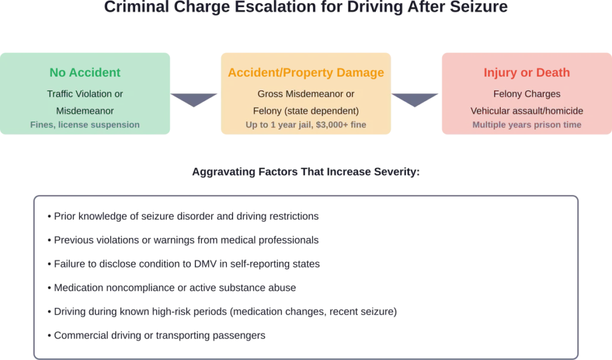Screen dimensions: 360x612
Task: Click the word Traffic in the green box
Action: point(60,94)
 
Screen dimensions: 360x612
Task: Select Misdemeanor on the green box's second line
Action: point(85,111)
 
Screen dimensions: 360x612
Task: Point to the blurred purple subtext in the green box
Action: point(85,125)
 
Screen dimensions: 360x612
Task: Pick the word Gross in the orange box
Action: point(270,94)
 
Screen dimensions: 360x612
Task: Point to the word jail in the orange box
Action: point(301,125)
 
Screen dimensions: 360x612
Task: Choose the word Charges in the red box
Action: point(542,94)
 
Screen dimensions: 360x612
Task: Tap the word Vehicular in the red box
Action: point(489,111)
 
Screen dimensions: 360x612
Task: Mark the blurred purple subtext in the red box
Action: point(527,125)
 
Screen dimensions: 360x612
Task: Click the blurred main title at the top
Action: point(305,8)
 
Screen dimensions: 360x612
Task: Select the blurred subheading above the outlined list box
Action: point(305,172)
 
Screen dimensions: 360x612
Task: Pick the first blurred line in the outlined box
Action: point(185,216)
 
